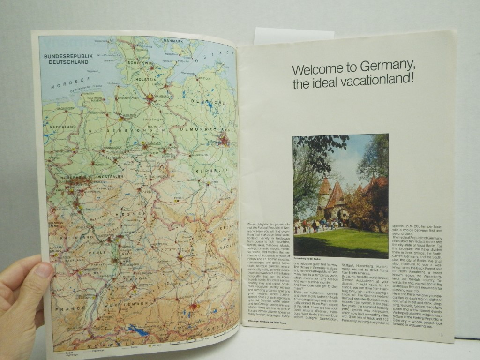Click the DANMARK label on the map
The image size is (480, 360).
[172, 41]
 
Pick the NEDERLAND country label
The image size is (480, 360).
[64, 127]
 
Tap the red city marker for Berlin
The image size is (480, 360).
[225, 139]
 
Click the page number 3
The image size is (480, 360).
[441, 334]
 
